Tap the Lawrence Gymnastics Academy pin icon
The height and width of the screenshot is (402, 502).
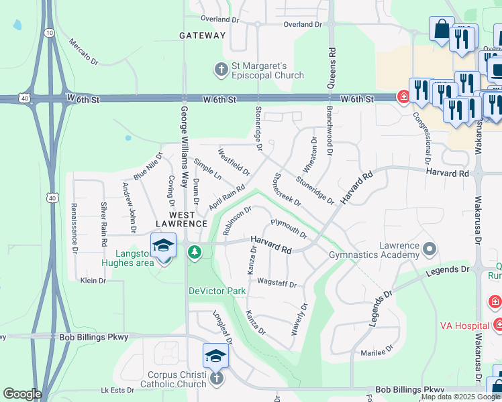click(x=430, y=250)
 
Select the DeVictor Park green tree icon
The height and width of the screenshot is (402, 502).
click(x=194, y=252)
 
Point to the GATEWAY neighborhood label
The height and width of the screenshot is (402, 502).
click(x=203, y=36)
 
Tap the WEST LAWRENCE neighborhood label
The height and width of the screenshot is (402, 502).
click(x=182, y=218)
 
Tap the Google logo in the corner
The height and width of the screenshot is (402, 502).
click(x=22, y=394)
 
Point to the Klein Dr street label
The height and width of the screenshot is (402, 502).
click(x=93, y=281)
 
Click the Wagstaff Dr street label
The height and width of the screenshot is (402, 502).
click(x=277, y=283)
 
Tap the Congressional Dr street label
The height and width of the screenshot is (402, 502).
click(x=425, y=139)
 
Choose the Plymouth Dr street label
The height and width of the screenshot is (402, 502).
click(x=289, y=228)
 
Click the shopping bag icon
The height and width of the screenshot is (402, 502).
click(x=442, y=29)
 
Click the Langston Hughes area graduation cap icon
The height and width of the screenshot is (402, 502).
click(x=163, y=246)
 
